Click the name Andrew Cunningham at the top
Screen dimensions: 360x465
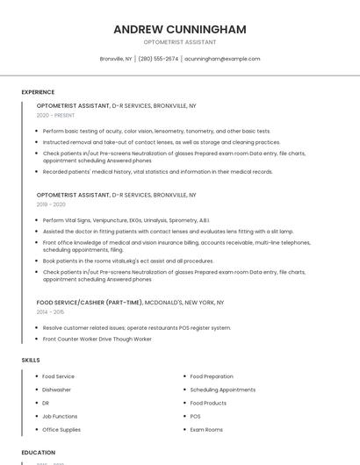(180, 29)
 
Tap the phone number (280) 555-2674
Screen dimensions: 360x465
(158, 59)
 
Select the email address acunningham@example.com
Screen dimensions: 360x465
(223, 59)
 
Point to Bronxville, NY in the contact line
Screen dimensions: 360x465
(116, 59)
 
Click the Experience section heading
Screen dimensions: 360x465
(38, 92)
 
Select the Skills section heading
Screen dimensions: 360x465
(31, 360)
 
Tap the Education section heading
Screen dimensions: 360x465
(39, 453)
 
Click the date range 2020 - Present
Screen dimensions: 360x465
(55, 115)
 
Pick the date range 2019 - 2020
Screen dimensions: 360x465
(51, 204)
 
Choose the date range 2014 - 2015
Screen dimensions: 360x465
(50, 311)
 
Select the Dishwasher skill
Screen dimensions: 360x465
(57, 390)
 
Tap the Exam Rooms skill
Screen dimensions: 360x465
(206, 430)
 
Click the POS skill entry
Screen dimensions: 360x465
(195, 416)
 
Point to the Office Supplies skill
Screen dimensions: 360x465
(61, 430)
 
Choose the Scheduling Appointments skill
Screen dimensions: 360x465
(222, 390)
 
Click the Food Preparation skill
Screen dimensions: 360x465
(212, 376)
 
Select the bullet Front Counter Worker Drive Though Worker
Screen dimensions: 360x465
(97, 339)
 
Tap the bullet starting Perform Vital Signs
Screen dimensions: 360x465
(126, 220)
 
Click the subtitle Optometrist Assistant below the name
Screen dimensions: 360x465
(180, 42)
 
